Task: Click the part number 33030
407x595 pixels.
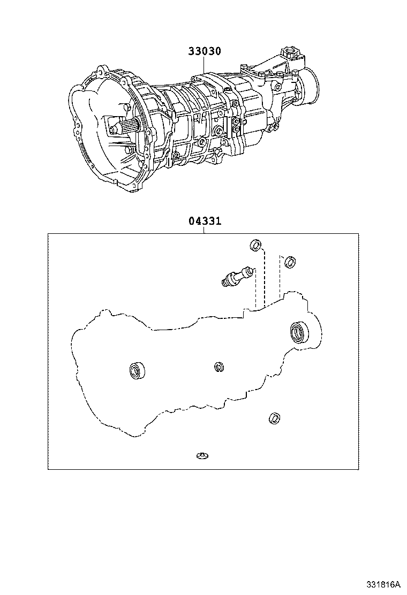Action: [x=204, y=51]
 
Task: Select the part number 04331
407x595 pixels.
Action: [x=204, y=222]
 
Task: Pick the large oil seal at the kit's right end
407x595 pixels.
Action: [x=299, y=332]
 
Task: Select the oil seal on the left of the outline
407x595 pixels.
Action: [x=137, y=370]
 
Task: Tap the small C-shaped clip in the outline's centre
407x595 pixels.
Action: [x=218, y=367]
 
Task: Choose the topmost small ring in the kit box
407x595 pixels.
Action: [x=256, y=246]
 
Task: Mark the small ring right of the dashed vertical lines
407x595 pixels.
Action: [x=289, y=261]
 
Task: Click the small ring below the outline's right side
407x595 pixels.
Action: [x=274, y=417]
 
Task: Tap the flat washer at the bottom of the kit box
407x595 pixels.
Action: [x=202, y=456]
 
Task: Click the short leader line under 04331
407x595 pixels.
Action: [x=204, y=230]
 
